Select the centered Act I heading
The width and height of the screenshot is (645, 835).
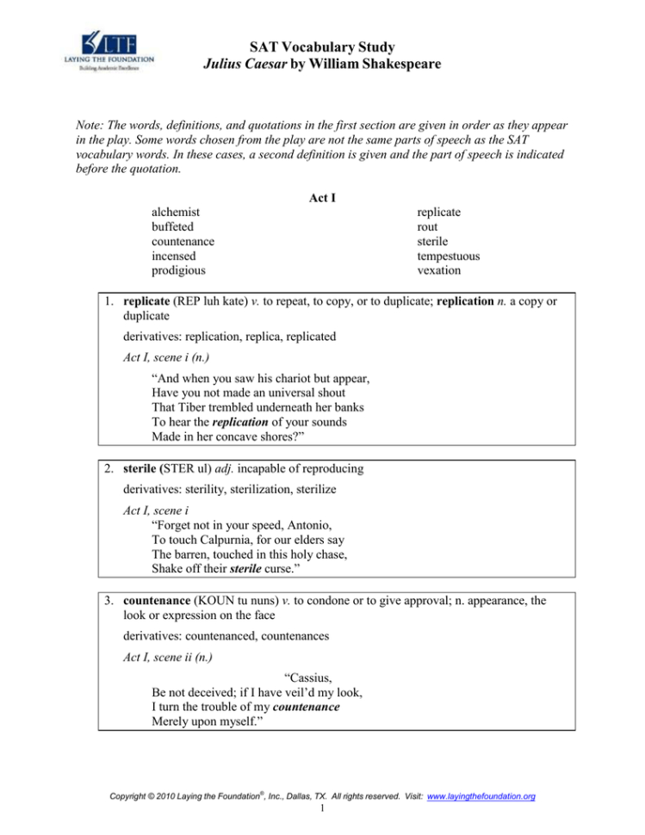click(x=322, y=197)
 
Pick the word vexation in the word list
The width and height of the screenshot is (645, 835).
click(x=438, y=270)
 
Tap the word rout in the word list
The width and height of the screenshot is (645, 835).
click(x=428, y=226)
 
